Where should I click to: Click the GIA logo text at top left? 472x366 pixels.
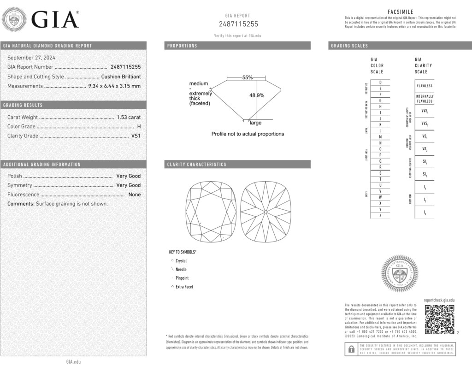(x=54, y=20)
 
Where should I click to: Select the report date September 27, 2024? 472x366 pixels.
(x=31, y=58)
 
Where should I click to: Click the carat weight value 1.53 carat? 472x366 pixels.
(x=129, y=117)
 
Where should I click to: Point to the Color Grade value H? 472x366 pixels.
(x=139, y=126)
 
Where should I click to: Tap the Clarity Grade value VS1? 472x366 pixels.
(x=136, y=136)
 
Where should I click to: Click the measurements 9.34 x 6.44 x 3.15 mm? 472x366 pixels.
(x=114, y=86)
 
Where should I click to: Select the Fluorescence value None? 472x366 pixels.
(x=135, y=195)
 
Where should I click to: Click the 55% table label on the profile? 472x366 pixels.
(x=248, y=78)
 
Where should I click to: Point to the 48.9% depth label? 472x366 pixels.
(x=257, y=95)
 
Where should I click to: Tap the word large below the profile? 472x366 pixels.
(x=255, y=123)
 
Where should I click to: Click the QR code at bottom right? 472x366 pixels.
(x=439, y=319)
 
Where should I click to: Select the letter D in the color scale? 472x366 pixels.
(x=380, y=82)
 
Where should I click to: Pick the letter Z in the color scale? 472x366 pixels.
(x=380, y=216)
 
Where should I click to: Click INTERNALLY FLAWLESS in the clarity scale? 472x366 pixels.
(x=425, y=99)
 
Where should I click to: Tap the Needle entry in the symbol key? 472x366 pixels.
(x=181, y=269)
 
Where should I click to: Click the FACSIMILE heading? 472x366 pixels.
(x=400, y=12)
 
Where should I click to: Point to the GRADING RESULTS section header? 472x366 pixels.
(x=23, y=105)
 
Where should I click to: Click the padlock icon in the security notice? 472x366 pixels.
(x=351, y=349)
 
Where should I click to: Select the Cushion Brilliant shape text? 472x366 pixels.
(x=121, y=77)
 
